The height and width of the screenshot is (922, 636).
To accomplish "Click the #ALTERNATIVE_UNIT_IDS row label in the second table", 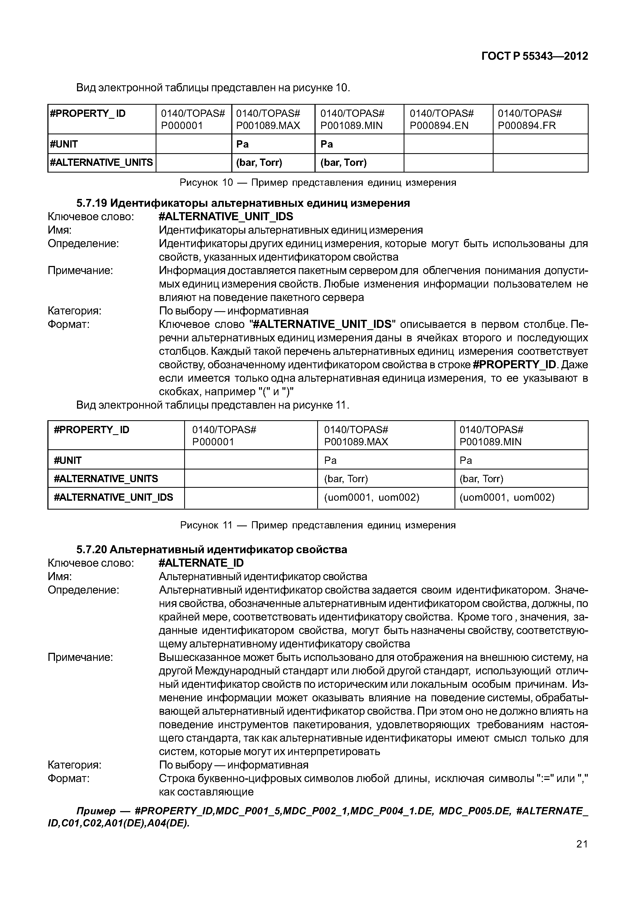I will tap(114, 497).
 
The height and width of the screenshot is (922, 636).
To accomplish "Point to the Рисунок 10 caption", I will tap(318, 183).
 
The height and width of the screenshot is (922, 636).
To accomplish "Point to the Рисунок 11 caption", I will tap(318, 525).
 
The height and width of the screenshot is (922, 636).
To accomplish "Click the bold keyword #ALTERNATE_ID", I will tap(201, 563).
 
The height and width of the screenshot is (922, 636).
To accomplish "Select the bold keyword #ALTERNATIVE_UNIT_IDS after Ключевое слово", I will tap(226, 216).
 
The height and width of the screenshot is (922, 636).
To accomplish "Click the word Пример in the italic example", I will tap(96, 811).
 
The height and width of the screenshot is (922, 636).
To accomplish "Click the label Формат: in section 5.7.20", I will tap(69, 778).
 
